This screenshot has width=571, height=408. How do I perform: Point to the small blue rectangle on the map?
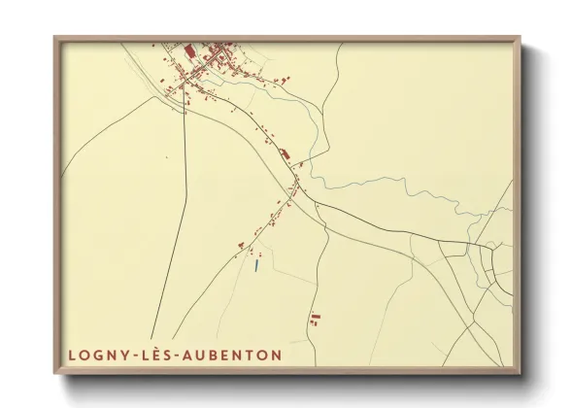tap(255, 263)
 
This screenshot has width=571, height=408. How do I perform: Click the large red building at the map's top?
tap(190, 50)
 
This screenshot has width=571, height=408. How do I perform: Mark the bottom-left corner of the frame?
tap(55, 373)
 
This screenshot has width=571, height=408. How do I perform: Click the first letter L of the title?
tap(72, 356)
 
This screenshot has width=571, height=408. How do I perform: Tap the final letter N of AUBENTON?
tap(277, 356)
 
